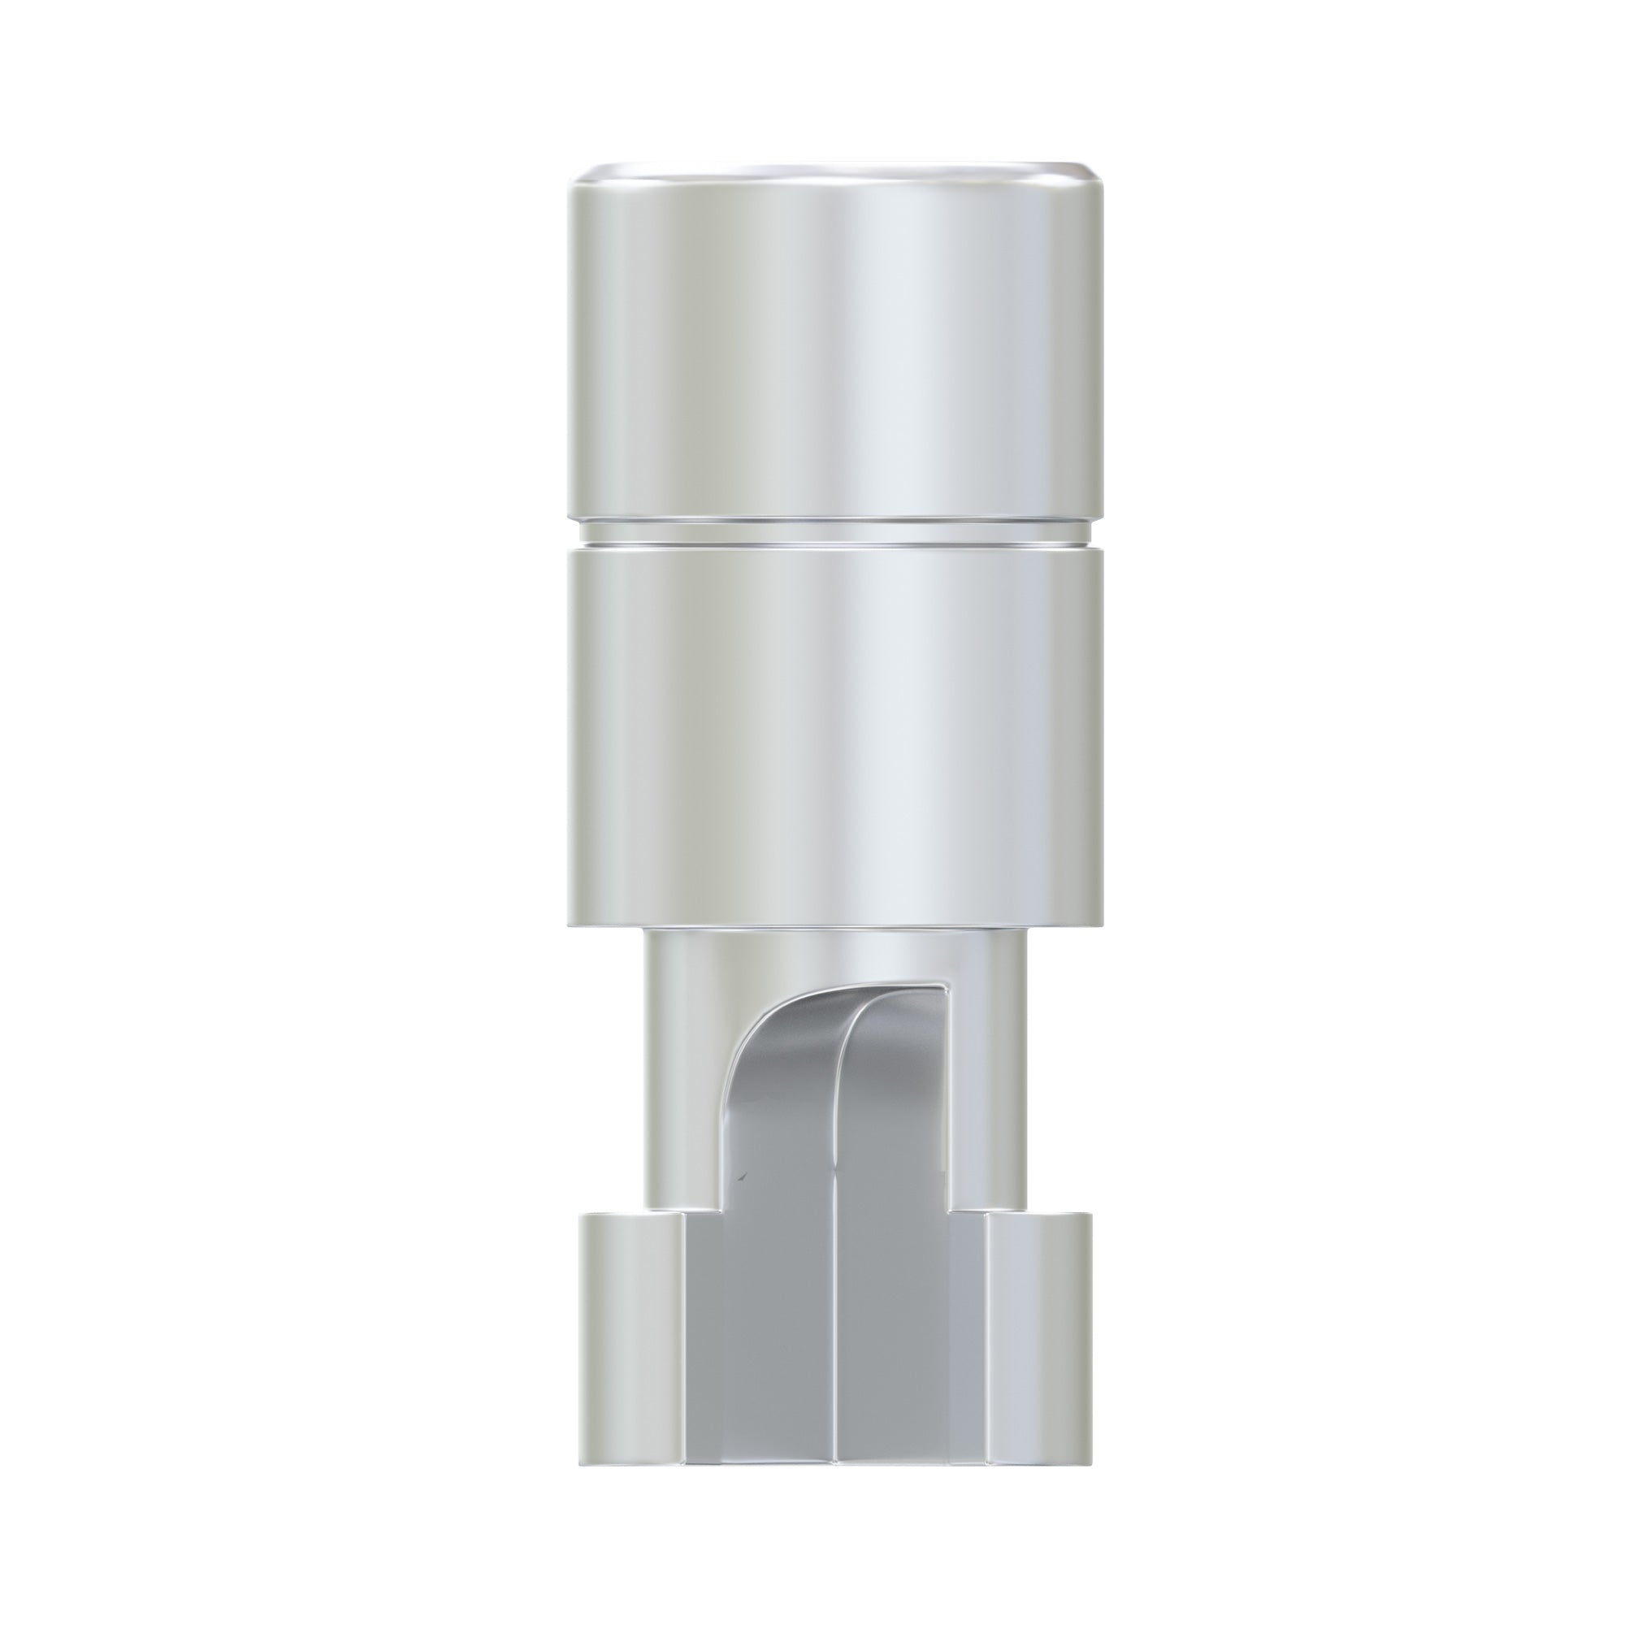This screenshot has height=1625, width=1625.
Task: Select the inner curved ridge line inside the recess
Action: click(841, 1094)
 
